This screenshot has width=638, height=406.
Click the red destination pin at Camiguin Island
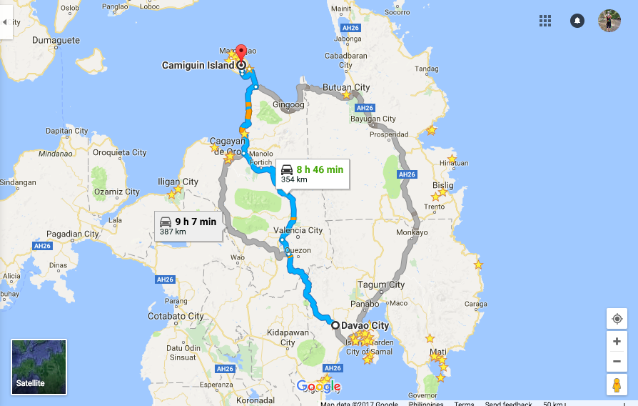(x=241, y=54)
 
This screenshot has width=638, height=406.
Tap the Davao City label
(x=365, y=326)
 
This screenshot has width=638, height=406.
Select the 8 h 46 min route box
(x=312, y=174)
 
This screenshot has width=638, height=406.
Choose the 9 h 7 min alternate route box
(x=188, y=226)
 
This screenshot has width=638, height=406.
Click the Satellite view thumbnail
(x=39, y=367)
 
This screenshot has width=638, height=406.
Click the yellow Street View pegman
(x=617, y=385)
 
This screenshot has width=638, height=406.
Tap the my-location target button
(x=617, y=319)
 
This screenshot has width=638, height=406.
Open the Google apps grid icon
(x=545, y=21)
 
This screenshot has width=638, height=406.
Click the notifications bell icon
(x=577, y=21)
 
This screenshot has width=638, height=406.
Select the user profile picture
(x=609, y=21)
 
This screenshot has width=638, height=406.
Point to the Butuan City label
(x=346, y=87)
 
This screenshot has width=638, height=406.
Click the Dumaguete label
(x=56, y=41)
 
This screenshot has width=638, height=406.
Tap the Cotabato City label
(x=176, y=316)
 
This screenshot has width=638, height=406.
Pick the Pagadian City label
(x=72, y=234)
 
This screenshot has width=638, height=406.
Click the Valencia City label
(x=299, y=230)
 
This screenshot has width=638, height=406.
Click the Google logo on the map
(x=319, y=387)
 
